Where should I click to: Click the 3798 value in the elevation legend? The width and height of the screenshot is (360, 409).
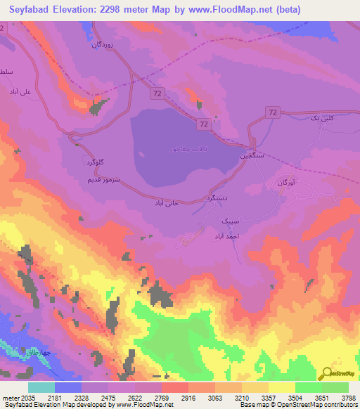pyautogui.click(x=347, y=398)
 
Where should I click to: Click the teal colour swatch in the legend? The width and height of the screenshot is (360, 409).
pyautogui.click(x=41, y=387)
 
